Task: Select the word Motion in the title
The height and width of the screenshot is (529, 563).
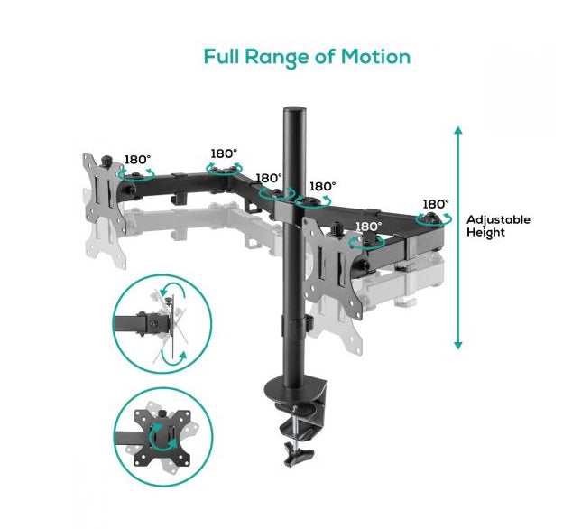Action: (x=375, y=57)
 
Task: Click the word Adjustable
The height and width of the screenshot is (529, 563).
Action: (x=498, y=219)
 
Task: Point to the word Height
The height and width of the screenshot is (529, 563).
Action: (x=485, y=232)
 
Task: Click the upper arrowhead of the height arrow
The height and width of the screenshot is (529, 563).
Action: (x=458, y=132)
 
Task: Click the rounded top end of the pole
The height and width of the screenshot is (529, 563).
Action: (x=294, y=113)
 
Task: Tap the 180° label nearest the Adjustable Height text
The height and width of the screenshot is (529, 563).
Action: (x=435, y=204)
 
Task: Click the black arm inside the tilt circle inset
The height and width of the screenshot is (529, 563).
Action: (x=135, y=321)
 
